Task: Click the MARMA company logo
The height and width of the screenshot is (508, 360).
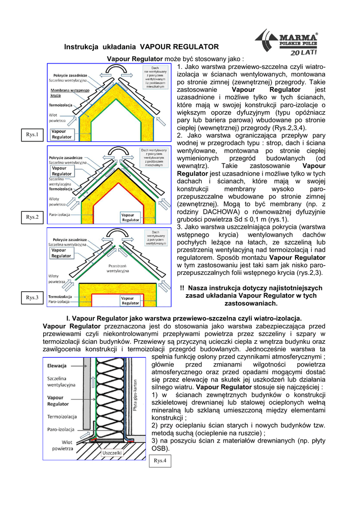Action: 287,43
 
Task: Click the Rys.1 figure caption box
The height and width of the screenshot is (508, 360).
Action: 32,134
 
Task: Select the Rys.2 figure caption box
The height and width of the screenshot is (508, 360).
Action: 32,217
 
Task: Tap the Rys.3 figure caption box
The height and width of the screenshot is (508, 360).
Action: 32,297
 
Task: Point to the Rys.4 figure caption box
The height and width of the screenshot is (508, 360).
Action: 160,460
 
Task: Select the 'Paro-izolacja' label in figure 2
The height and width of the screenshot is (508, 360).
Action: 59,215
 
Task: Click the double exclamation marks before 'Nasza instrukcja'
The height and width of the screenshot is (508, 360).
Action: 182,288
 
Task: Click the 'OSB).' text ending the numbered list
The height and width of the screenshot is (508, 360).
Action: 160,448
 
